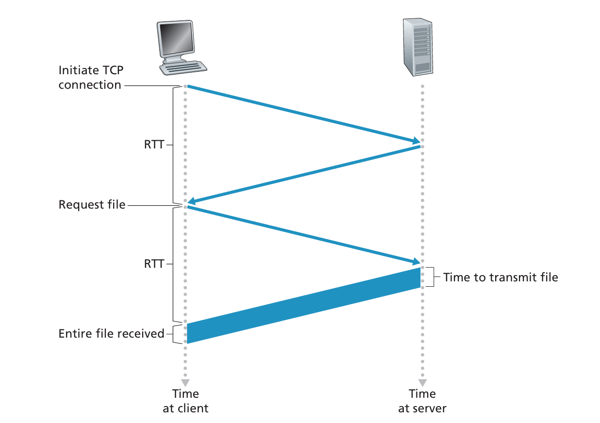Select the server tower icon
click(x=417, y=47)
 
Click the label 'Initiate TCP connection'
click(x=90, y=78)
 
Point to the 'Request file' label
click(x=92, y=205)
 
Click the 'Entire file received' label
click(x=111, y=334)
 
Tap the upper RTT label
click(x=154, y=145)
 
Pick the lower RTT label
click(x=154, y=264)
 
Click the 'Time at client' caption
click(x=185, y=401)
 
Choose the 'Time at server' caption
click(x=422, y=401)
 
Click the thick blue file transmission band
click(x=303, y=306)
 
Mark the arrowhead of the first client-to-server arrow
click(x=417, y=141)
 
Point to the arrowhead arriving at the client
click(x=191, y=201)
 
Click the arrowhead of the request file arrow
click(x=417, y=262)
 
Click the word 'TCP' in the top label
click(x=112, y=70)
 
